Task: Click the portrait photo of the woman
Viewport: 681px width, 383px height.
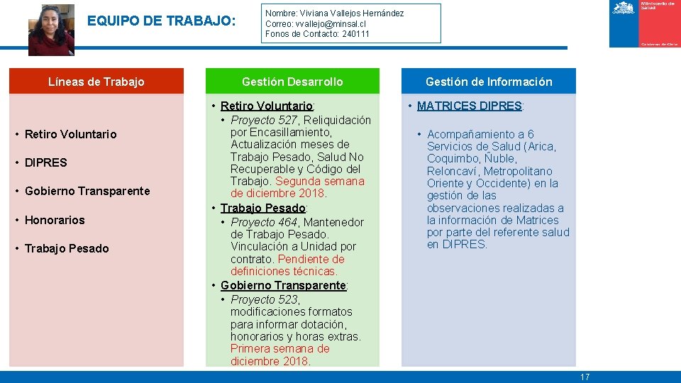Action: click(51, 29)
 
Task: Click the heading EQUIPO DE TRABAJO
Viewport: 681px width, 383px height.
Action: click(161, 21)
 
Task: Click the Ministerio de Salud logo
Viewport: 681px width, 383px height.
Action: click(644, 23)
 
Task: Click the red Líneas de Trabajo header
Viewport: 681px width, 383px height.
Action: click(96, 82)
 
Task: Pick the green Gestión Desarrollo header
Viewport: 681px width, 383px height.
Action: click(292, 82)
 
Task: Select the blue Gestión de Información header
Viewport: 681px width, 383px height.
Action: click(488, 82)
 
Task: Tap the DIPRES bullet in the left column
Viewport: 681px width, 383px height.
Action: click(45, 162)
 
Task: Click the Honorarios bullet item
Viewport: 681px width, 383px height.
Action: click(55, 220)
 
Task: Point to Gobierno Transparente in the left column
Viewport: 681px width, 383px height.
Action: click(87, 191)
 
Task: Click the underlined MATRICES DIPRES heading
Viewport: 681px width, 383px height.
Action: click(469, 106)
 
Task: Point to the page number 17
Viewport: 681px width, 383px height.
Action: click(585, 377)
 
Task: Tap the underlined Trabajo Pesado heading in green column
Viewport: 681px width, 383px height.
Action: click(262, 208)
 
